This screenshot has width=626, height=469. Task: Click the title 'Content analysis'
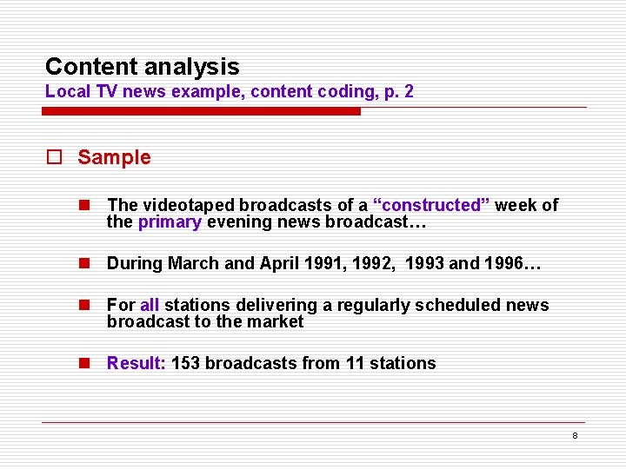pos(142,67)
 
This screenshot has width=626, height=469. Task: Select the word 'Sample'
pos(114,157)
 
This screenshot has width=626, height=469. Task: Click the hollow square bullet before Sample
pos(55,158)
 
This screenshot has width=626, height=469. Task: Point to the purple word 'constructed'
pos(431,205)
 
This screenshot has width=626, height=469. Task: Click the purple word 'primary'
pos(170,221)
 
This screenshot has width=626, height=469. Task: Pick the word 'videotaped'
pos(189,205)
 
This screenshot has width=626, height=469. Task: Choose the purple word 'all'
pos(150,305)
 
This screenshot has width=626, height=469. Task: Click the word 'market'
pos(275,321)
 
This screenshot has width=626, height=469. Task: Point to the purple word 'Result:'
pos(136,363)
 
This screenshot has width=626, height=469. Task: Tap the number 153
pos(186,363)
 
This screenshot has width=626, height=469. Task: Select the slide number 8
pos(575,435)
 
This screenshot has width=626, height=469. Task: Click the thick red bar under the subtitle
pos(202,111)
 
